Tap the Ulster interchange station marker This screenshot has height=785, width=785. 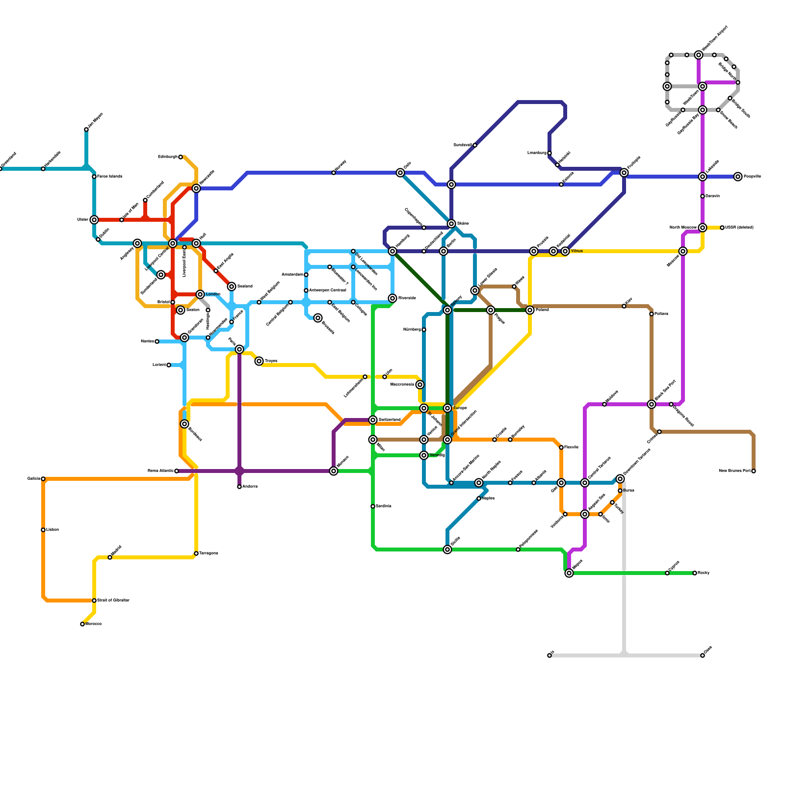click(x=94, y=220)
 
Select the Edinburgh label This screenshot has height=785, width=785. click(x=167, y=157)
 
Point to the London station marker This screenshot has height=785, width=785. click(x=200, y=294)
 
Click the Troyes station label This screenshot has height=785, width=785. click(x=271, y=361)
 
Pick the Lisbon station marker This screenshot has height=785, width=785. click(x=43, y=530)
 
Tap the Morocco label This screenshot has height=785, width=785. click(x=93, y=624)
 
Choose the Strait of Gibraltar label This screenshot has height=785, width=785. click(x=113, y=601)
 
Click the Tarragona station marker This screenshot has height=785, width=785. click(x=196, y=553)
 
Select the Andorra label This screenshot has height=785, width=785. click(x=250, y=487)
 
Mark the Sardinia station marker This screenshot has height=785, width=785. click(x=373, y=506)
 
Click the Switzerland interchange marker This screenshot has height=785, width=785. click(x=373, y=420)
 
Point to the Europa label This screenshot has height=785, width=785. click(x=460, y=408)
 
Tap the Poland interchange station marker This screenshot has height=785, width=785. click(x=530, y=310)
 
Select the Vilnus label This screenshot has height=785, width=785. click(x=576, y=251)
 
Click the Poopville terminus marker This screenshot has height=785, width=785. click(x=738, y=177)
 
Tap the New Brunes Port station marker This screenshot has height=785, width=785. click(x=754, y=471)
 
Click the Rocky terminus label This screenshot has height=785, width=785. click(x=704, y=573)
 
